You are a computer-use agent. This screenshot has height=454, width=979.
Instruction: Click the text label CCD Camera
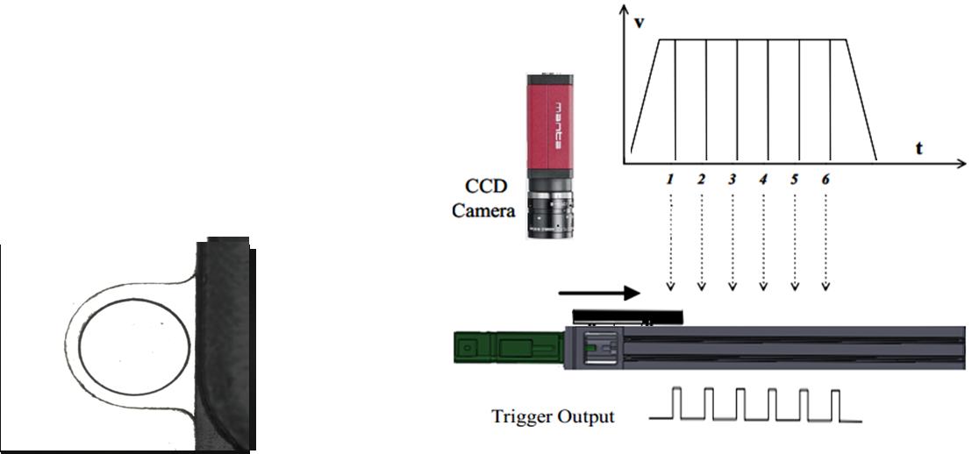pyautogui.click(x=482, y=198)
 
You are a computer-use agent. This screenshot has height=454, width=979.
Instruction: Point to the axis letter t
pyautogui.click(x=918, y=148)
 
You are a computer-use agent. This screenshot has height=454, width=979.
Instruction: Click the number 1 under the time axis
pyautogui.click(x=670, y=179)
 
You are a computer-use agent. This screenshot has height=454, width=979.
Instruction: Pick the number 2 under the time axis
pyautogui.click(x=701, y=179)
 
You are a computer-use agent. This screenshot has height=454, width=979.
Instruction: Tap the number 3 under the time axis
pyautogui.click(x=732, y=179)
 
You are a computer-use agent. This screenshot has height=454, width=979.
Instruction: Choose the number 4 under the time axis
pyautogui.click(x=763, y=179)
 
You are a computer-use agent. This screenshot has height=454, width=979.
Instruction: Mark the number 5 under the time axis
pyautogui.click(x=794, y=179)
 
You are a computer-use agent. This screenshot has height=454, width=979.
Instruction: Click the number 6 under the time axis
pyautogui.click(x=825, y=179)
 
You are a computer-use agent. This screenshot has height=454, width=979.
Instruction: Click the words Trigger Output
pyautogui.click(x=554, y=415)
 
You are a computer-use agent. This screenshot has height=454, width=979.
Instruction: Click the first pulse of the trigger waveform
pyautogui.click(x=681, y=405)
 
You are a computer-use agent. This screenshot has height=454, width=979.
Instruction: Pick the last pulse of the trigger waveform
pyautogui.click(x=836, y=405)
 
